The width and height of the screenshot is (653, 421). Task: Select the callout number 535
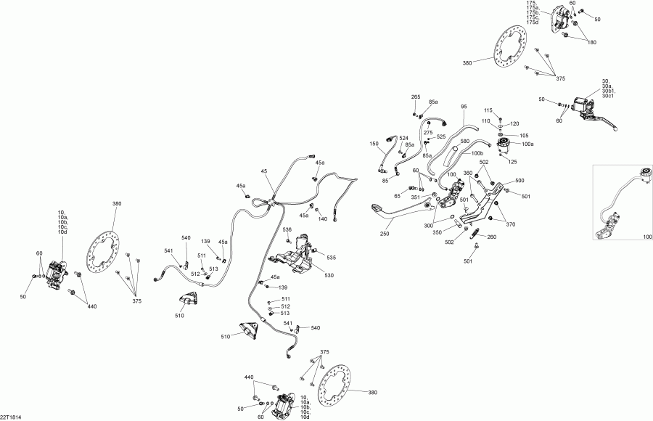point(332,258)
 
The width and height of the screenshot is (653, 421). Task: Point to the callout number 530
point(329,275)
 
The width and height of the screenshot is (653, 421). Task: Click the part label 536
point(287,230)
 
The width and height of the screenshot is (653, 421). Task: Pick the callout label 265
point(416,97)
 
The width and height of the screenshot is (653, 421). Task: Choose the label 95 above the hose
point(464,107)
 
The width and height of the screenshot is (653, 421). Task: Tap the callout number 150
point(374,144)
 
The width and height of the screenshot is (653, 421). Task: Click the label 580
point(465,141)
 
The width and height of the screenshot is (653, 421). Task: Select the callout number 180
point(592,43)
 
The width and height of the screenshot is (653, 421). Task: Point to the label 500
point(519,180)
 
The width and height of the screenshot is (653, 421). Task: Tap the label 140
point(323,218)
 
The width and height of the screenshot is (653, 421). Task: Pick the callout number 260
point(492,237)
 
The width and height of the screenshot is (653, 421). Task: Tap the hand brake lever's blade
point(608,123)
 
